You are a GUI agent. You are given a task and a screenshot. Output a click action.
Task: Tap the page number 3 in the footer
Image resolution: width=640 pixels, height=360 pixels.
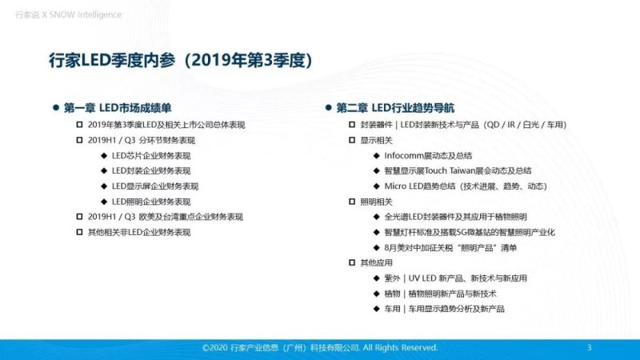589,348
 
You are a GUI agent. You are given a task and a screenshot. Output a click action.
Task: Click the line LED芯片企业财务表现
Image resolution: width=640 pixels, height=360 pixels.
151,155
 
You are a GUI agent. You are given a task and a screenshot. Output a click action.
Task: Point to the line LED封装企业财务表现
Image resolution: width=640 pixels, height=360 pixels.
151,170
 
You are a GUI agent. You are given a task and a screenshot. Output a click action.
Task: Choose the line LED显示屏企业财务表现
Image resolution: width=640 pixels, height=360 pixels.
155,186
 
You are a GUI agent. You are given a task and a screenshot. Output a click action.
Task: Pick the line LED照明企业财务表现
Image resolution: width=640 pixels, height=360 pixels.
151,202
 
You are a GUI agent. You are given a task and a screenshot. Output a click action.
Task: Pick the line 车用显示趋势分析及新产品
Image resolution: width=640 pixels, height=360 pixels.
444,309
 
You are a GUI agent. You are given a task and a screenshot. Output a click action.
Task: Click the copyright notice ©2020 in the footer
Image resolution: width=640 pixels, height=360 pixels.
320,348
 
